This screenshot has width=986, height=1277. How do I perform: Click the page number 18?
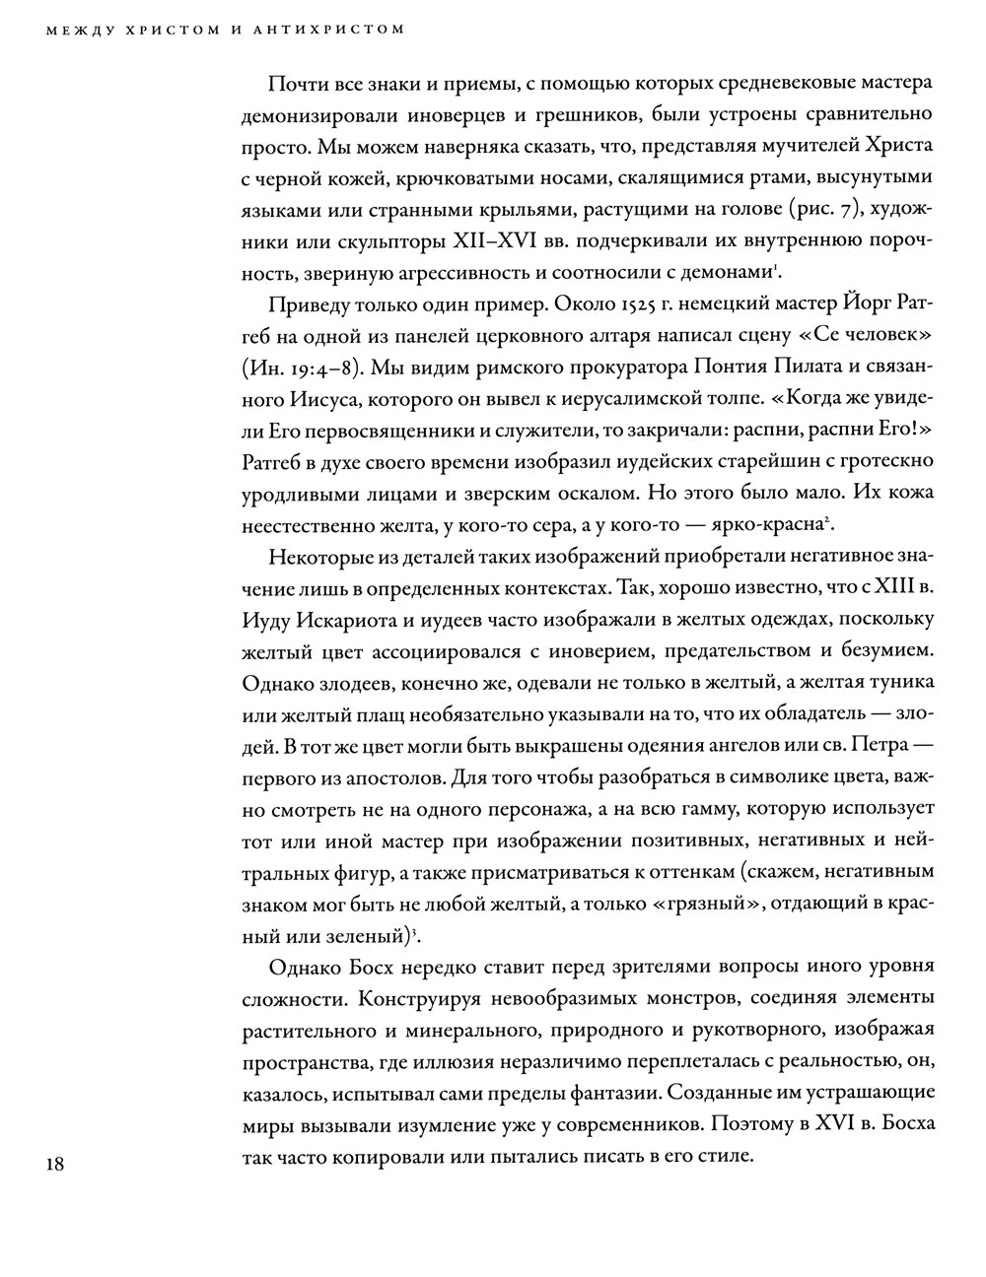[x=51, y=1164]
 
